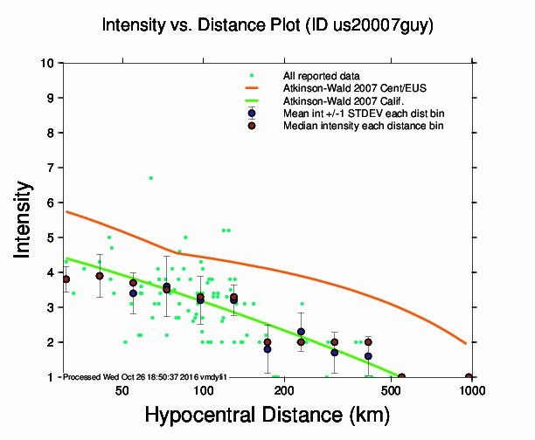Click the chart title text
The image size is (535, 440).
click(x=267, y=26)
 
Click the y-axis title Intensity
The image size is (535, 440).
click(x=25, y=218)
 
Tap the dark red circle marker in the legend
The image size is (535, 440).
click(x=252, y=126)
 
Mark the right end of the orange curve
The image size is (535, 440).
click(x=465, y=343)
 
